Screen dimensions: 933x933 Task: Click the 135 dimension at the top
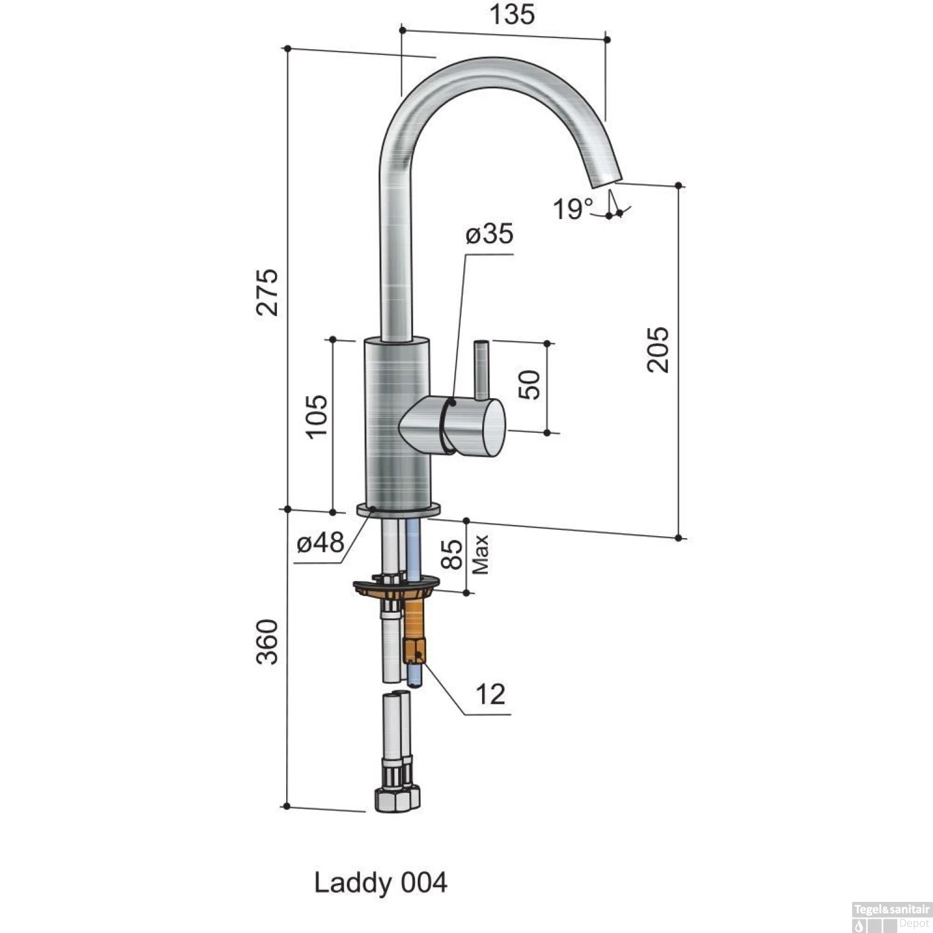[512, 14]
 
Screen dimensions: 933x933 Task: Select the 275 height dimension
[269, 292]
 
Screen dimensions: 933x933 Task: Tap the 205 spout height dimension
[657, 349]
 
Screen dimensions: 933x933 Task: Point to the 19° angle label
[573, 209]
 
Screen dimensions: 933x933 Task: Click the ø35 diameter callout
[490, 234]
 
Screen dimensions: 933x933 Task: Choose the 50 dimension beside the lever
[529, 384]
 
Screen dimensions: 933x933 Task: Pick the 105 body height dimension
[317, 415]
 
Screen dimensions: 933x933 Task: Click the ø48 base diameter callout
[320, 543]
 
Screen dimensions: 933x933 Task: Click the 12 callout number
[490, 694]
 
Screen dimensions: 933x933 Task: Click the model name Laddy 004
[380, 883]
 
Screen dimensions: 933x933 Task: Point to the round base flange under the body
[399, 510]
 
